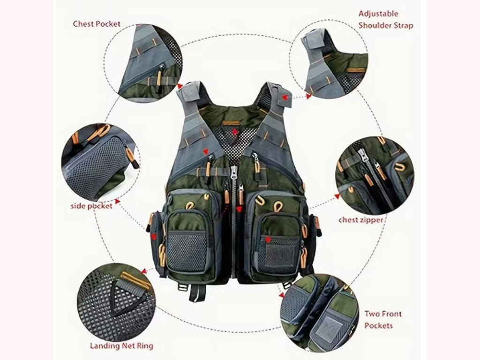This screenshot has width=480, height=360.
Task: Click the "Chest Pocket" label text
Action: pyautogui.click(x=97, y=24)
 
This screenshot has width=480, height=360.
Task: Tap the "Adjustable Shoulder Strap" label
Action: pyautogui.click(x=386, y=20)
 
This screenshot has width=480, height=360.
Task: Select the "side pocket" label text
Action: pyautogui.click(x=91, y=206)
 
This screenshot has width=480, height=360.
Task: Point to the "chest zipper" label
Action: pyautogui.click(x=361, y=220)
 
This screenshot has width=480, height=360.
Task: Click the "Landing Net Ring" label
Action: pyautogui.click(x=121, y=346)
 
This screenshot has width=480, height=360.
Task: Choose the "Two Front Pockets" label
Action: pyautogui.click(x=382, y=320)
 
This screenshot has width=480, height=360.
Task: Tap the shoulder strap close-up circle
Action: pyautogui.click(x=329, y=59)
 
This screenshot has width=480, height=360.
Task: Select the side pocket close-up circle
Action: pyautogui.click(x=101, y=162)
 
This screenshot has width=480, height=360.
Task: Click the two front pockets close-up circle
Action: pyautogui.click(x=319, y=313)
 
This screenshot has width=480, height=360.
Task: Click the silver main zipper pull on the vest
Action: pyautogui.click(x=234, y=172)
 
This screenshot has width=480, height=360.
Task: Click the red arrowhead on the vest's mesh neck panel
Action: pyautogui.click(x=234, y=132)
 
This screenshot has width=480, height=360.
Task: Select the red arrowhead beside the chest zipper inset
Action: pyautogui.click(x=337, y=196)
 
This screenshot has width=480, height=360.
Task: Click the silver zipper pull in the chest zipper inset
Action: pyautogui.click(x=364, y=155)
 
